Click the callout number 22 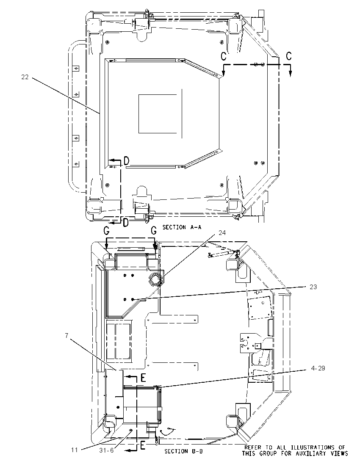click(25, 77)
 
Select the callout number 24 click(222, 233)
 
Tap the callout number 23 click(313, 287)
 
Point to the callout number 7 click(67, 335)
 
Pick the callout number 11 click(74, 450)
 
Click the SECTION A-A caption click(182, 227)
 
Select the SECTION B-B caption click(184, 451)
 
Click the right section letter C click(289, 56)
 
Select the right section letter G click(154, 230)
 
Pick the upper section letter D click(126, 161)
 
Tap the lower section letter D click(125, 223)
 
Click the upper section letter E click(143, 378)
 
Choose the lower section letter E click(142, 446)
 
